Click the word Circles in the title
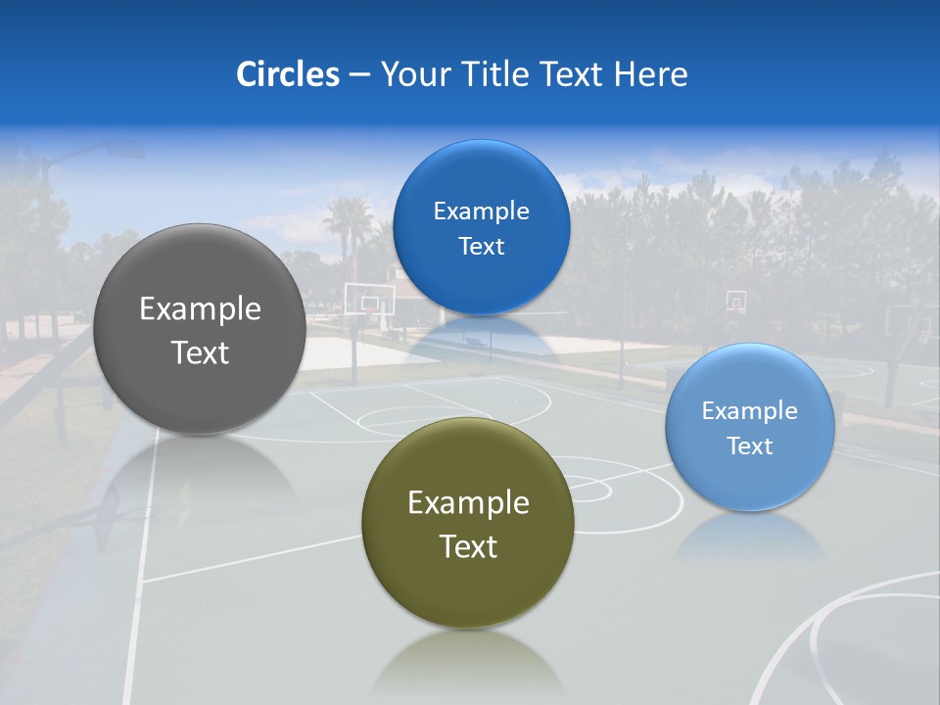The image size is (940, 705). point(287,74)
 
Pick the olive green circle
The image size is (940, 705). point(467,587)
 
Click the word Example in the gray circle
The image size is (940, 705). point(200,309)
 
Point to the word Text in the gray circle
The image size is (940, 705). point(200,352)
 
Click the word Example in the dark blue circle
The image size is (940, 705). point(481,211)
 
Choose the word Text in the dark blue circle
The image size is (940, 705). point(481,247)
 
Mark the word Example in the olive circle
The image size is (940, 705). point(468,503)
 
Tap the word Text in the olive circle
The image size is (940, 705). point(468,546)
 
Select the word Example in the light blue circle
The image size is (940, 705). point(749,411)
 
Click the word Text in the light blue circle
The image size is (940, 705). point(749,446)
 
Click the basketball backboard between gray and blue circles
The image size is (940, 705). point(369,297)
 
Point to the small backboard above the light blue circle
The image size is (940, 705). point(735,301)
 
